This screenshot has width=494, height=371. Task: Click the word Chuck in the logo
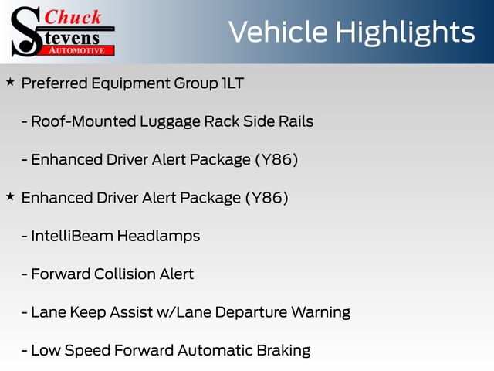point(73,17)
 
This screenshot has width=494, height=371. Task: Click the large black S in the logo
point(26,32)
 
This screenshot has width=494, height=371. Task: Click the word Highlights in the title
point(404,32)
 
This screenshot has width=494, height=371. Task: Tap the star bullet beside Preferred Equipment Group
point(10,83)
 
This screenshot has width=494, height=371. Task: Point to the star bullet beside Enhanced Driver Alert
point(10,197)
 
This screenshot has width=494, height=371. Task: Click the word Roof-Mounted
point(83,121)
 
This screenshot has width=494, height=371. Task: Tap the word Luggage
point(170,122)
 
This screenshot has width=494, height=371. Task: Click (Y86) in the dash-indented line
point(276,160)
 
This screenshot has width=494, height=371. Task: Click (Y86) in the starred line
point(266,198)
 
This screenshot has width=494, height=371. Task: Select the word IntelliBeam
point(72,236)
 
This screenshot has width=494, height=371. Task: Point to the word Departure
point(251,313)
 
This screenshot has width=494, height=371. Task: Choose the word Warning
point(321,313)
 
